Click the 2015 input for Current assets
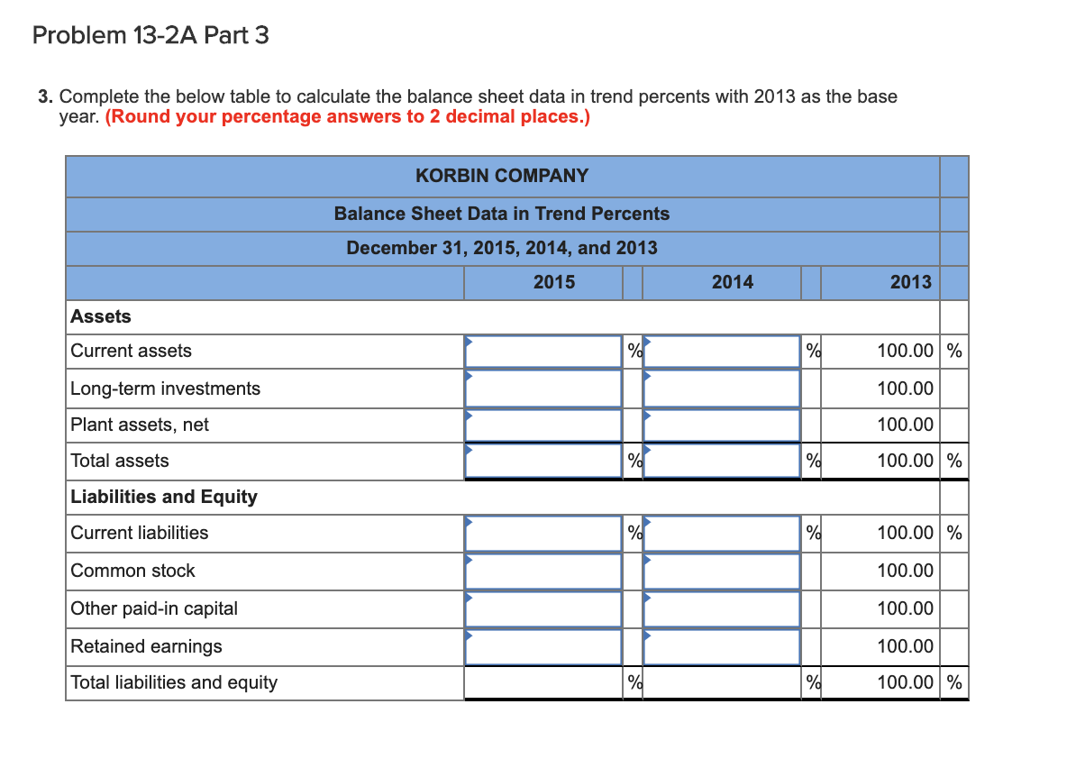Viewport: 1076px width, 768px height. tap(543, 352)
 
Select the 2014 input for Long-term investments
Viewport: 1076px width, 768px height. tap(723, 389)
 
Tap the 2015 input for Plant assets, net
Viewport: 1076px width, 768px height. tap(543, 425)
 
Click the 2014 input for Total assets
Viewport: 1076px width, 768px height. tap(723, 461)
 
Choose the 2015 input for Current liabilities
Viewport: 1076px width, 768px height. tap(543, 533)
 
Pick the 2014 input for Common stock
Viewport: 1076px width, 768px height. tap(723, 571)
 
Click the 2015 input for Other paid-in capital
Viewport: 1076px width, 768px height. tap(543, 608)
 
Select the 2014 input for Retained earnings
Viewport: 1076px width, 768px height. tap(723, 646)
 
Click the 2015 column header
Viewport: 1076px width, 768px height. tap(553, 282)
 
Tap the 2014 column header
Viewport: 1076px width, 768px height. tap(732, 282)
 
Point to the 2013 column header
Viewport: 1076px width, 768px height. tap(910, 282)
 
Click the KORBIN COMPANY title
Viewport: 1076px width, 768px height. tap(502, 176)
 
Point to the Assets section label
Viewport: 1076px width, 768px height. tap(101, 316)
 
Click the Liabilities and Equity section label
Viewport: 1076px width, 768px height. tap(164, 497)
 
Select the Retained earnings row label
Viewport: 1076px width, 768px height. tap(146, 646)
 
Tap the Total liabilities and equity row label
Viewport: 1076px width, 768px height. tap(174, 682)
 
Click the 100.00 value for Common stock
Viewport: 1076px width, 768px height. tap(906, 571)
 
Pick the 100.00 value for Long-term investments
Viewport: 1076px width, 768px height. tap(906, 389)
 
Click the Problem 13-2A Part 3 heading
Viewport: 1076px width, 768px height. tap(150, 36)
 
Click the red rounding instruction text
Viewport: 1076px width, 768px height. tap(348, 117)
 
